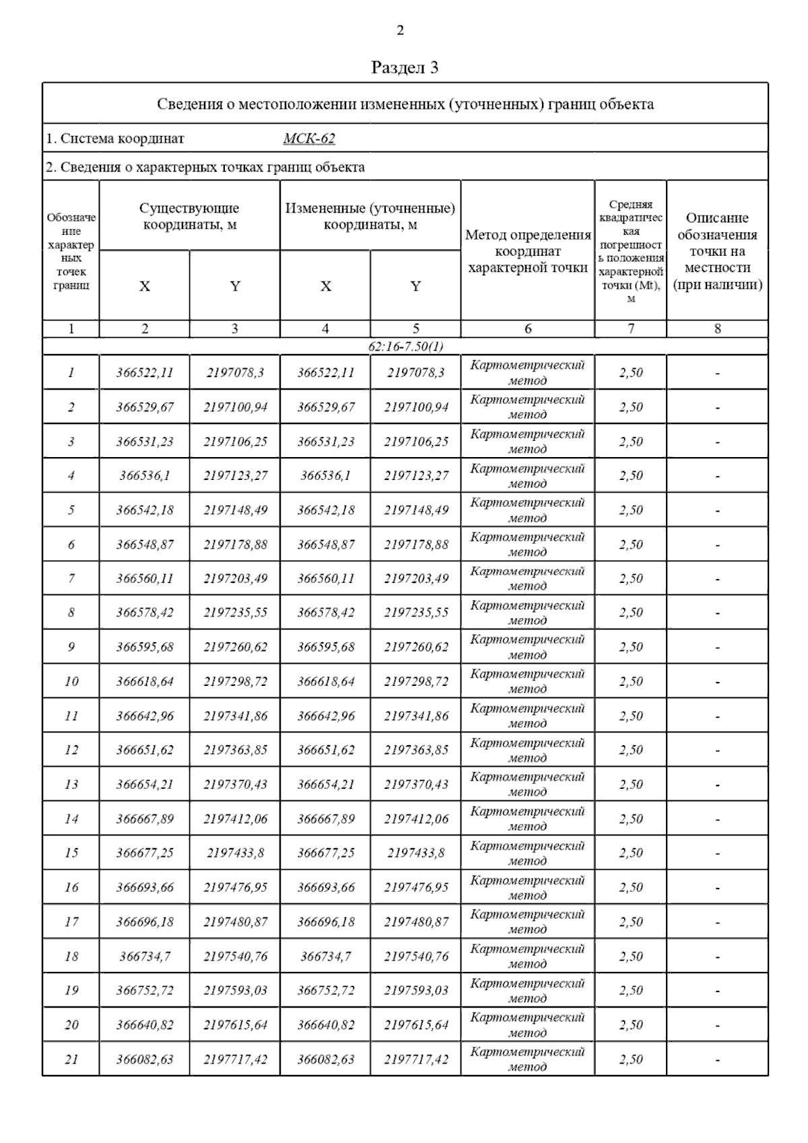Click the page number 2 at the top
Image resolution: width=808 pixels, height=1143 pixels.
pyautogui.click(x=401, y=30)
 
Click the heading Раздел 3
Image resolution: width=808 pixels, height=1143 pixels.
pyautogui.click(x=405, y=67)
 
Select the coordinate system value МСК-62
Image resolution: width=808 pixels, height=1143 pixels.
pyautogui.click(x=309, y=139)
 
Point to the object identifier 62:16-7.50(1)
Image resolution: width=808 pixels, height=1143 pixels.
pyautogui.click(x=405, y=347)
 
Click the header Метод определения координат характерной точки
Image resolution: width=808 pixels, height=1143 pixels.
pyautogui.click(x=528, y=251)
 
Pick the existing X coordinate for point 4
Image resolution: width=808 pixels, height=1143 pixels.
pyautogui.click(x=145, y=476)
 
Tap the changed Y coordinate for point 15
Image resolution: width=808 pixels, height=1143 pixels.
pyautogui.click(x=415, y=853)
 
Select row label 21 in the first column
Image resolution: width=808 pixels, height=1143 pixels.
pyautogui.click(x=71, y=1060)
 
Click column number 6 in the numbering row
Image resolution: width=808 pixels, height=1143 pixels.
pyautogui.click(x=528, y=329)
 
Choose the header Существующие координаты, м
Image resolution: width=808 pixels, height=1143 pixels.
pyautogui.click(x=189, y=216)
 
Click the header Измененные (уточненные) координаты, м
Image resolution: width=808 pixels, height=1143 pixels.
pyautogui.click(x=370, y=216)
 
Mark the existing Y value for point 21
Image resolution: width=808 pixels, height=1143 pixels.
pyautogui.click(x=235, y=1060)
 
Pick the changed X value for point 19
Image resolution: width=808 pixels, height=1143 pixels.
pyautogui.click(x=326, y=990)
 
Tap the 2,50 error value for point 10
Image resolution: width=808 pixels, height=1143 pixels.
pyautogui.click(x=631, y=681)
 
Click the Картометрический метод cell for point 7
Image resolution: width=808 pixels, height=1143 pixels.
pyautogui.click(x=528, y=578)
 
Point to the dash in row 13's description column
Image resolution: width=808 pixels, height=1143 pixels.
pyautogui.click(x=718, y=785)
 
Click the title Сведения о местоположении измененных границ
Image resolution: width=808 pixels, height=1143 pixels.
pyautogui.click(x=405, y=104)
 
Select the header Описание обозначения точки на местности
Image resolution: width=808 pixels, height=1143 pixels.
pyautogui.click(x=718, y=251)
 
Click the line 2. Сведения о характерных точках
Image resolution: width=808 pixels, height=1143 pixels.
pyautogui.click(x=205, y=167)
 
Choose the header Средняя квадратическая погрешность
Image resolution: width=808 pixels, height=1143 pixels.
pyautogui.click(x=631, y=251)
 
